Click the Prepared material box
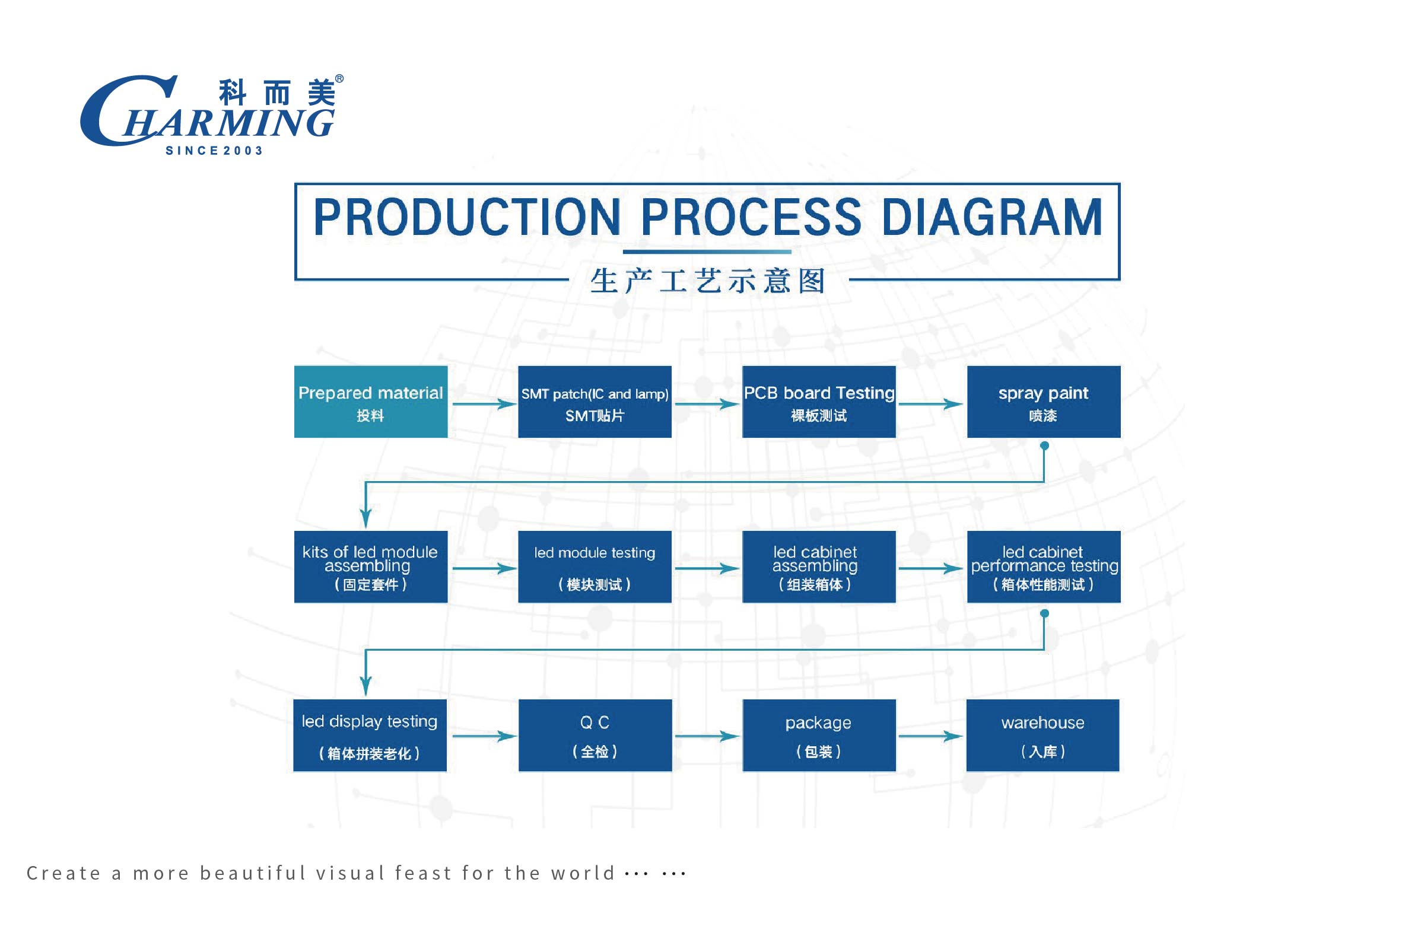[x=371, y=402]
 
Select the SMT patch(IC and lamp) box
[x=595, y=402]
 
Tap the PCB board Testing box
[x=819, y=402]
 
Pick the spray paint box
[x=1043, y=402]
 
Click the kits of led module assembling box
[x=371, y=566]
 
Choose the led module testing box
[x=595, y=566]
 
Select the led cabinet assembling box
[x=819, y=566]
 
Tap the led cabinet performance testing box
[x=1043, y=566]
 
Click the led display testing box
[x=370, y=736]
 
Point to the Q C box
[x=595, y=736]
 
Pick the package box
[x=819, y=736]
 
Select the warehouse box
[x=1042, y=736]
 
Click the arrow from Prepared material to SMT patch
[x=483, y=404]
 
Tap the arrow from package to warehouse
[x=930, y=736]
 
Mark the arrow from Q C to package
[x=707, y=736]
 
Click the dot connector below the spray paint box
[x=1044, y=445]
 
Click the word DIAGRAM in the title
[x=991, y=217]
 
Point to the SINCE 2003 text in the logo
[x=214, y=151]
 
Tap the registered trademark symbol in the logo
[x=339, y=79]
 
